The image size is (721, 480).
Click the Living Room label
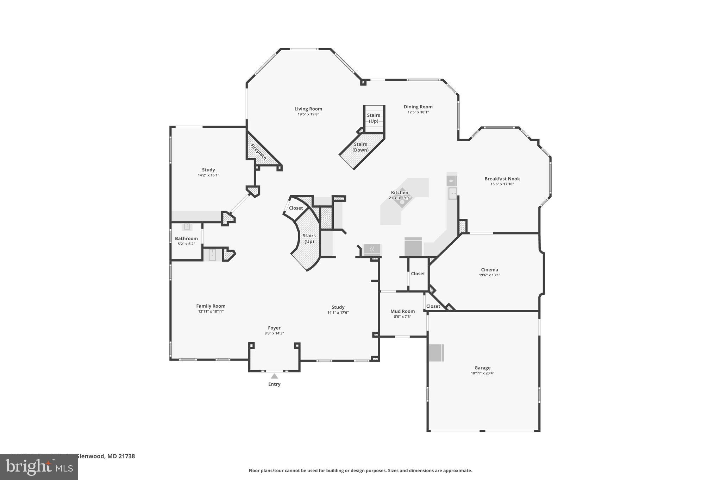(x=308, y=109)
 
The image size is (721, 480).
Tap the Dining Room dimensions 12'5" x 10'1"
(x=418, y=112)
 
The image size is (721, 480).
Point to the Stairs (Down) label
(x=360, y=147)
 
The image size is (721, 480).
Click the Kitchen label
(x=400, y=192)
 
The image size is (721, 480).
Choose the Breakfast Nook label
(x=502, y=179)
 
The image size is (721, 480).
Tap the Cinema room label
(x=489, y=270)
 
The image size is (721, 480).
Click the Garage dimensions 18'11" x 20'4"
(x=482, y=373)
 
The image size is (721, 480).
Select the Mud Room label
(x=402, y=311)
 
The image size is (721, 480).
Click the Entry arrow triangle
(x=274, y=376)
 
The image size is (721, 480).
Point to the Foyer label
(x=274, y=328)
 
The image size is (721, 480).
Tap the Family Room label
(x=211, y=306)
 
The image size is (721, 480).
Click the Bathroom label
(x=186, y=238)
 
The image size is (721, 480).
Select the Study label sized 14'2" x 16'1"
(x=208, y=170)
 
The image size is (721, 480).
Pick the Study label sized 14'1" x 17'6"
(x=338, y=307)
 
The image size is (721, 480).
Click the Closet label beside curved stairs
(x=296, y=208)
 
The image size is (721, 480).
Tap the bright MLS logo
(x=39, y=467)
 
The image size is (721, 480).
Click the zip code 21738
(x=126, y=456)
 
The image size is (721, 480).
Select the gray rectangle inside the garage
(x=436, y=353)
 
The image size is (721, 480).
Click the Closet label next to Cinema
(x=418, y=274)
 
